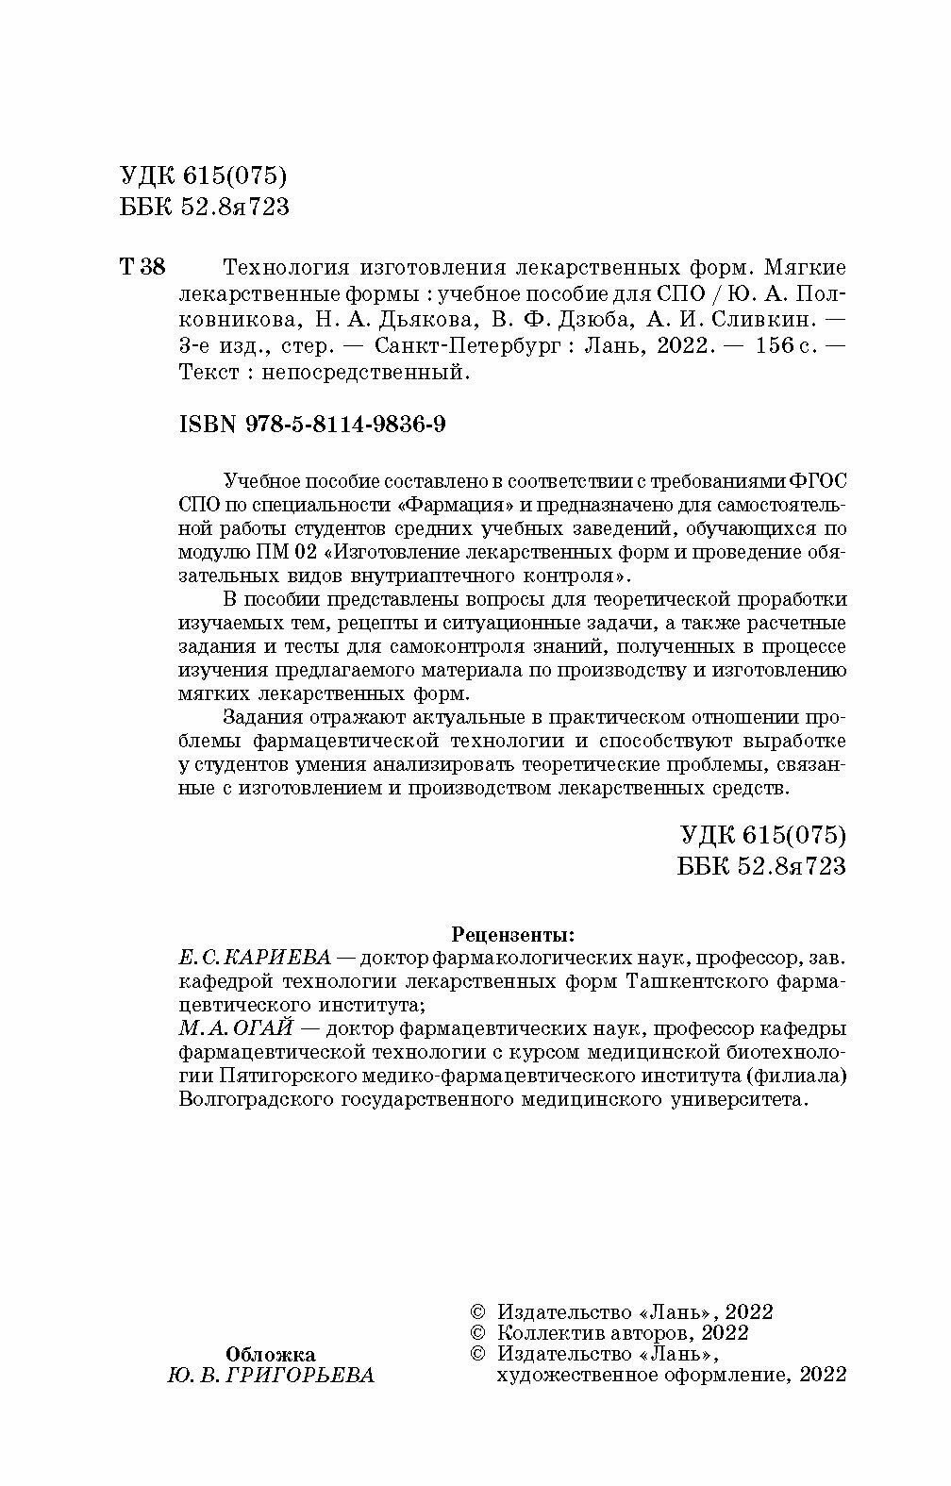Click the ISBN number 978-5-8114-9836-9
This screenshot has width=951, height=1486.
[311, 426]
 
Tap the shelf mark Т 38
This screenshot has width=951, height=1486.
[142, 268]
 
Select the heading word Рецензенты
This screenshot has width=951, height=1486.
[512, 935]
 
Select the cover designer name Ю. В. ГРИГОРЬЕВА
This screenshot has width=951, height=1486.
[271, 1376]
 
